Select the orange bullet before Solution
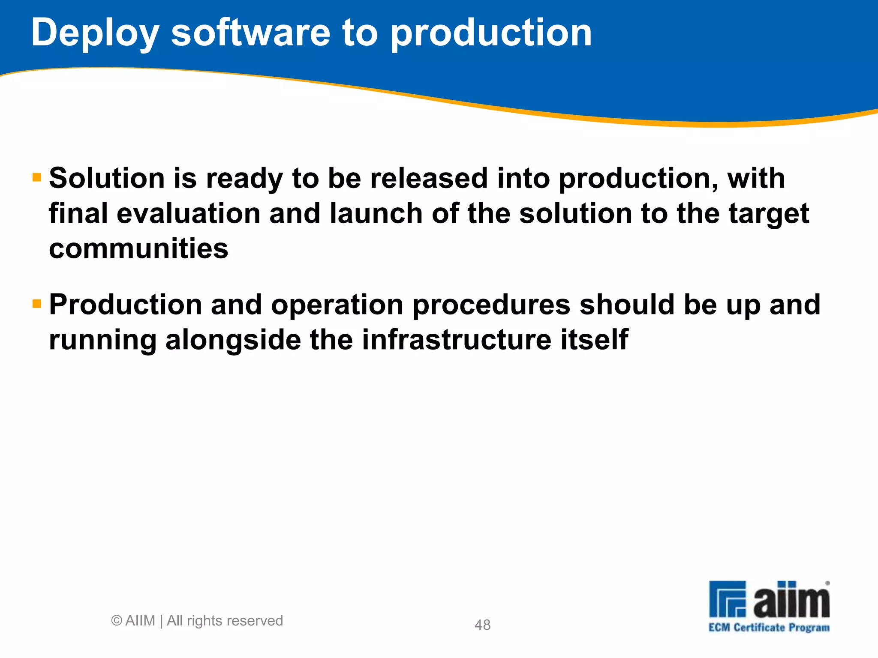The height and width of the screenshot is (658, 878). [x=37, y=177]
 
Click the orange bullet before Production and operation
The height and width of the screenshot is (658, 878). [x=37, y=304]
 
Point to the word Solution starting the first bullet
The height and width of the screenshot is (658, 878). [x=107, y=178]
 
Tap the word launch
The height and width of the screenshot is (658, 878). [x=376, y=213]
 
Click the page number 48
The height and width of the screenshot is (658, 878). [x=482, y=625]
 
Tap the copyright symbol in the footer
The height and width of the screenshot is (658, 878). [x=117, y=621]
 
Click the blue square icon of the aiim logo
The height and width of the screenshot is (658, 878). [x=728, y=599]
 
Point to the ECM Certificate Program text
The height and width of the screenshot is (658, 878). [x=769, y=628]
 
